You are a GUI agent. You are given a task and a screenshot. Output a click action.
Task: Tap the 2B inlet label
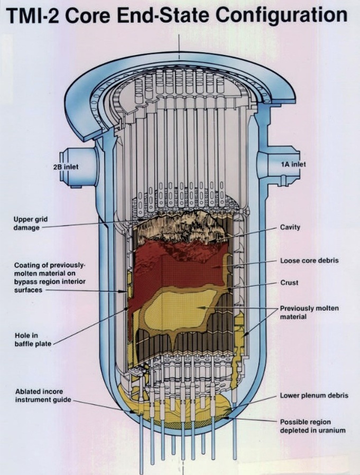66,167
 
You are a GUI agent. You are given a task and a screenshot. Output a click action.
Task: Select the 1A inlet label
293,164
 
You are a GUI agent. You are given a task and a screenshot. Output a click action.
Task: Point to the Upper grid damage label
26,223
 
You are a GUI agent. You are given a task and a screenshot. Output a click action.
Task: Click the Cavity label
290,227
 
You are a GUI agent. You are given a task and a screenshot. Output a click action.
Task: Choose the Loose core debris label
309,260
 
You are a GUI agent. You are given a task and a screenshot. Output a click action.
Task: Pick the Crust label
289,283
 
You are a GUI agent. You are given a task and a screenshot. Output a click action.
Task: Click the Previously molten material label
309,312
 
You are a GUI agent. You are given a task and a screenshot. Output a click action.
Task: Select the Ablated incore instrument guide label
43,396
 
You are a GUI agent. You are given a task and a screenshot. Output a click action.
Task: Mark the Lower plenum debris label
314,395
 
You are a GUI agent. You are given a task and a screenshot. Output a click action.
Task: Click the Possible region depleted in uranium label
312,426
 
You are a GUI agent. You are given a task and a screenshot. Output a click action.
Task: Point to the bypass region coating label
50,277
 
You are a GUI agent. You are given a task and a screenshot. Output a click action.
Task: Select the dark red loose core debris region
179,267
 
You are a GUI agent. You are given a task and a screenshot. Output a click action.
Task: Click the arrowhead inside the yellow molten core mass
200,307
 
